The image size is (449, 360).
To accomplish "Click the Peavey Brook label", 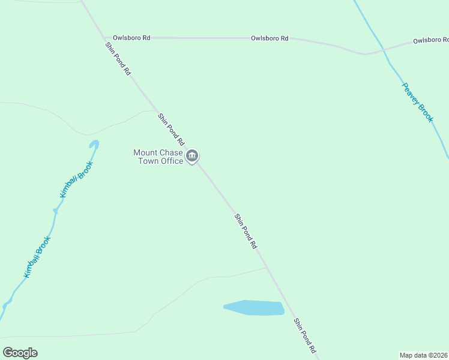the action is [417, 103].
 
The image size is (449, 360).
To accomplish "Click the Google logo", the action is [20, 353].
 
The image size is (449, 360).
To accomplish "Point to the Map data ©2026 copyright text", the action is [423, 355].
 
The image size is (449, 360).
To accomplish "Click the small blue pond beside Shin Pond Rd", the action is [255, 308].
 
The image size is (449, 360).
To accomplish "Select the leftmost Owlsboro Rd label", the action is [131, 38].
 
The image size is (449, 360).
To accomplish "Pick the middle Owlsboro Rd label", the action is [270, 38].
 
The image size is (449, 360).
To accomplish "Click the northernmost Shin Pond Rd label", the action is [118, 58].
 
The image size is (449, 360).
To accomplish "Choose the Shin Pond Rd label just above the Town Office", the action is [170, 129].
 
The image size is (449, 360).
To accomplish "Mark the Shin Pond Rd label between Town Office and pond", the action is [246, 231].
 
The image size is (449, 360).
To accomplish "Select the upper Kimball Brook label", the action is [76, 179].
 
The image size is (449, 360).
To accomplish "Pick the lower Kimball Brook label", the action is [37, 257].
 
